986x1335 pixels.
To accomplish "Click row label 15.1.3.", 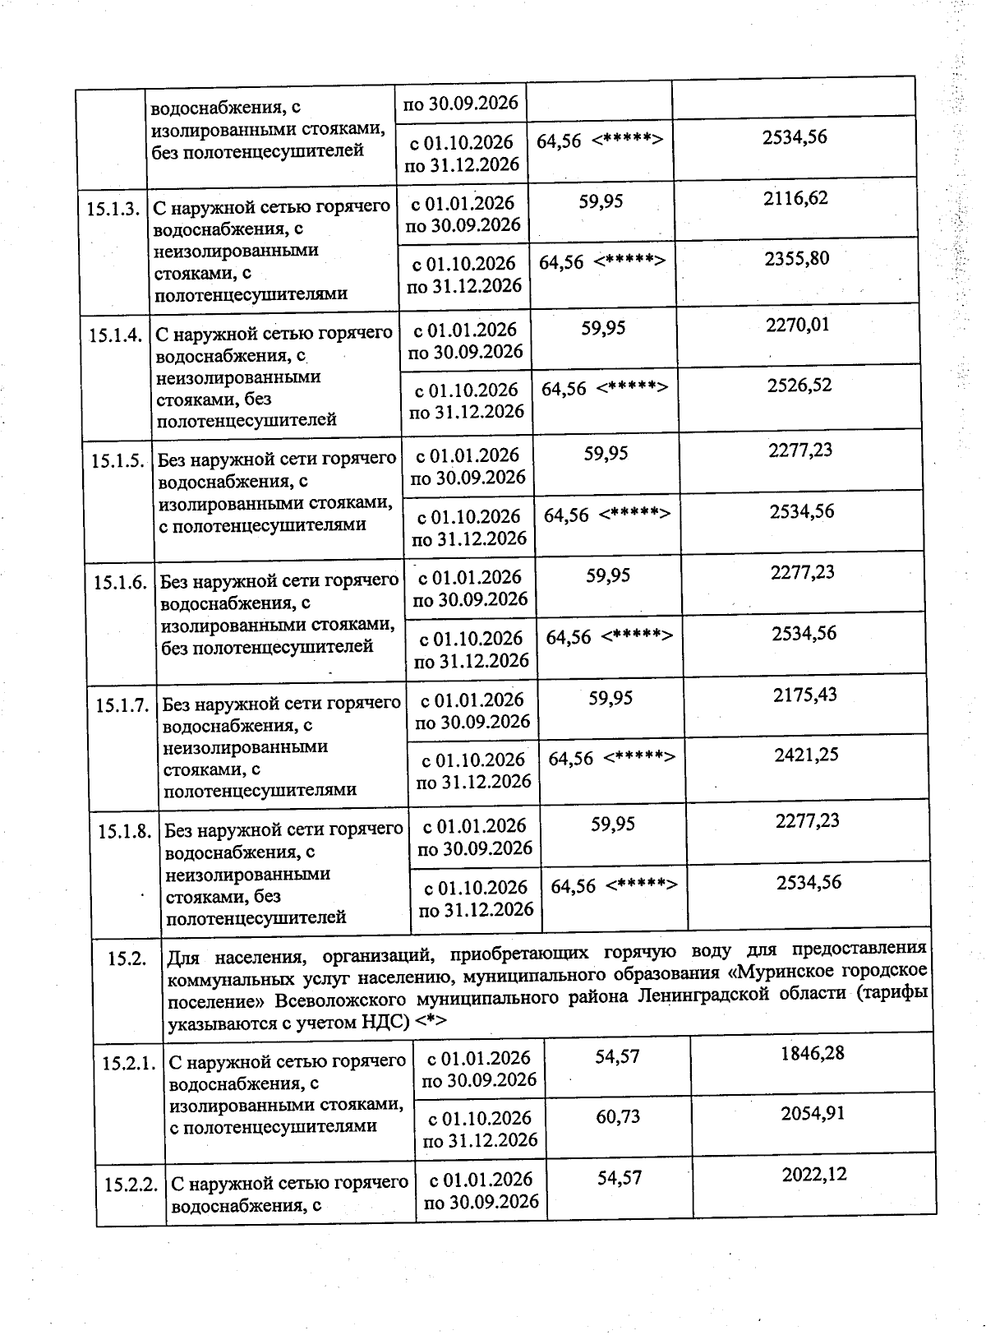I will tap(113, 209).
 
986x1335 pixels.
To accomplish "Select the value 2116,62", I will tap(795, 198).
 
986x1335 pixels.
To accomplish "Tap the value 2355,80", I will tap(797, 259).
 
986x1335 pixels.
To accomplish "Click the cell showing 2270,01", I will tap(798, 325).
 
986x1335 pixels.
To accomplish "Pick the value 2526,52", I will tap(799, 386).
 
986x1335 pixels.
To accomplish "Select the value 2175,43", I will tap(805, 695).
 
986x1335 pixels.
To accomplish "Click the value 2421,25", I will tap(806, 755).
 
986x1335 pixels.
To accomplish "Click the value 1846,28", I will tap(813, 1054).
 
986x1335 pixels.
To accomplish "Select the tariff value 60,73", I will tap(618, 1117).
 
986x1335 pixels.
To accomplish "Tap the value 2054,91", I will tap(813, 1114).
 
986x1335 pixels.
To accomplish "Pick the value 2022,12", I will tap(814, 1175).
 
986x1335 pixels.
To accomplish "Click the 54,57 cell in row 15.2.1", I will tap(617, 1056).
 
